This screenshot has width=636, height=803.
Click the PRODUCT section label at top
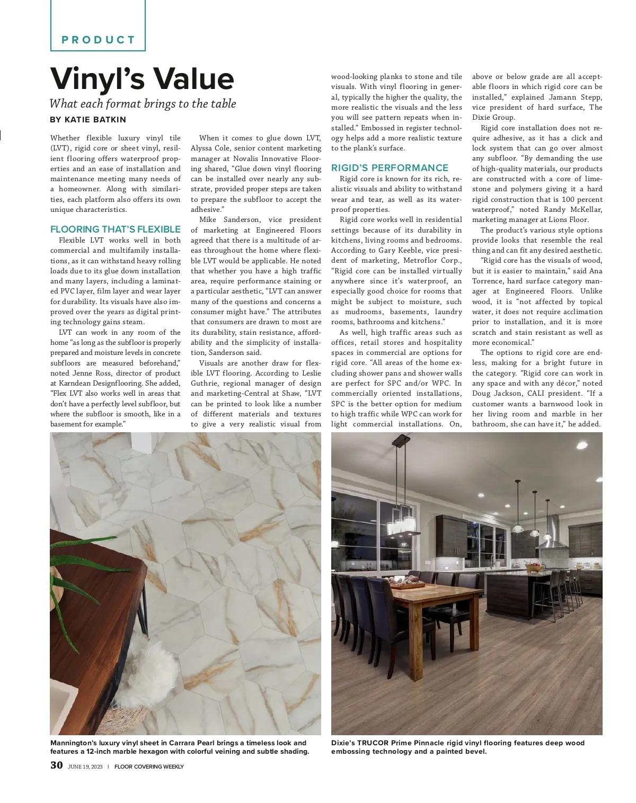pyautogui.click(x=99, y=40)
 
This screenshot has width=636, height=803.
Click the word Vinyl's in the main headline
pyautogui.click(x=97, y=79)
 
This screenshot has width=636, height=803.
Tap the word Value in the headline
pyautogui.click(x=193, y=79)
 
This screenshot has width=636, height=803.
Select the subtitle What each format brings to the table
pyautogui.click(x=143, y=104)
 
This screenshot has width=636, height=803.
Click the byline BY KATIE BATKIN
pyautogui.click(x=88, y=120)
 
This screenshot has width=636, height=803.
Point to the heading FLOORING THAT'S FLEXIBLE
pyautogui.click(x=115, y=229)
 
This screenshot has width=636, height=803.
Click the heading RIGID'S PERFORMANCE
pyautogui.click(x=390, y=168)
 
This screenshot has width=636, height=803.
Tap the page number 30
pyautogui.click(x=57, y=765)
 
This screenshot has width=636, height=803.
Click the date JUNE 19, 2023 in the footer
pyautogui.click(x=85, y=766)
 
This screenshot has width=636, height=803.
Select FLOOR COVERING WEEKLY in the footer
pyautogui.click(x=149, y=766)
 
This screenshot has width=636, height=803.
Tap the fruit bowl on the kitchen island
pyautogui.click(x=535, y=568)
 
